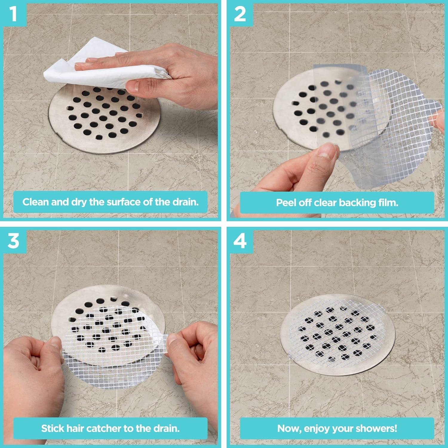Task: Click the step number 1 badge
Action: click(13, 14)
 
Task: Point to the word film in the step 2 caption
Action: click(388, 203)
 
